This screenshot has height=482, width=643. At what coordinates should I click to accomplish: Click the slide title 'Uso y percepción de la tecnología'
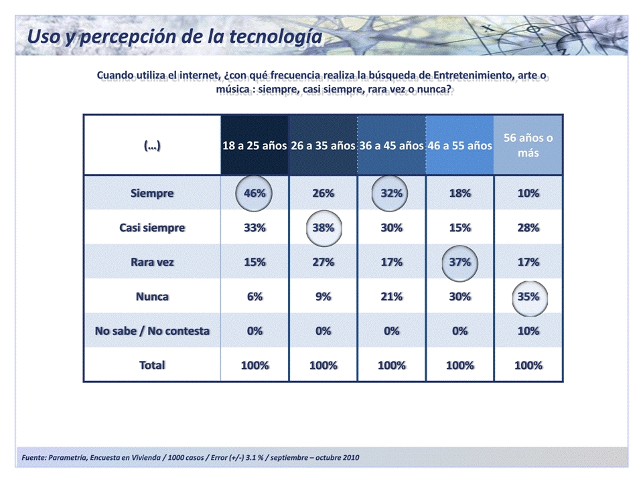coord(174,36)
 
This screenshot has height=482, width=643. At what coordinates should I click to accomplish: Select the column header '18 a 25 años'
coord(255,145)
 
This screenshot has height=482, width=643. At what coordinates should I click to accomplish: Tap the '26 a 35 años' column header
coord(323,145)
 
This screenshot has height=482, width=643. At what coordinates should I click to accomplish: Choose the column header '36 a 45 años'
coord(391,145)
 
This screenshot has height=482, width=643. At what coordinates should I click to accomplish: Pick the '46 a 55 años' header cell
coord(459,145)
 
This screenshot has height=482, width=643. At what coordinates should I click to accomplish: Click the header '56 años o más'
coord(528,145)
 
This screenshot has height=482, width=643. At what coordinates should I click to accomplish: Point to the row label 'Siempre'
coord(152,193)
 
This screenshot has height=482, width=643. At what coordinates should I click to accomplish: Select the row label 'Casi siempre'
coord(152,228)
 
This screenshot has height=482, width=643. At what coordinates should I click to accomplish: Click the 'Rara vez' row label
coord(152,262)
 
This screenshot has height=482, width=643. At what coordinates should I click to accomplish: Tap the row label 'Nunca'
coord(152,297)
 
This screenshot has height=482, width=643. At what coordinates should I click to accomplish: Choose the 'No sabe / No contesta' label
coord(152,331)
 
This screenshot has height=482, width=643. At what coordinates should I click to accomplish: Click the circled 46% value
coord(255,193)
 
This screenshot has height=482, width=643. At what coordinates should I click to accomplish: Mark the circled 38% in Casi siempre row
coord(323,228)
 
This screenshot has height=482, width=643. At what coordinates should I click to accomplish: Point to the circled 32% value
coord(391,193)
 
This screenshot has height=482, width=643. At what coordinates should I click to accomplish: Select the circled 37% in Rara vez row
coord(459,262)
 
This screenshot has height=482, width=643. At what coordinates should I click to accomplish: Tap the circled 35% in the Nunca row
coord(528,297)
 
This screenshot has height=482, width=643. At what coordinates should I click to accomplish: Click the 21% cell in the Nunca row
coord(391,297)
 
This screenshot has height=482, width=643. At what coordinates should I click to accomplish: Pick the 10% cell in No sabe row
coord(528,331)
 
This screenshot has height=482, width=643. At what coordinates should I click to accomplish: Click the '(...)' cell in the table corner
coord(152,145)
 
